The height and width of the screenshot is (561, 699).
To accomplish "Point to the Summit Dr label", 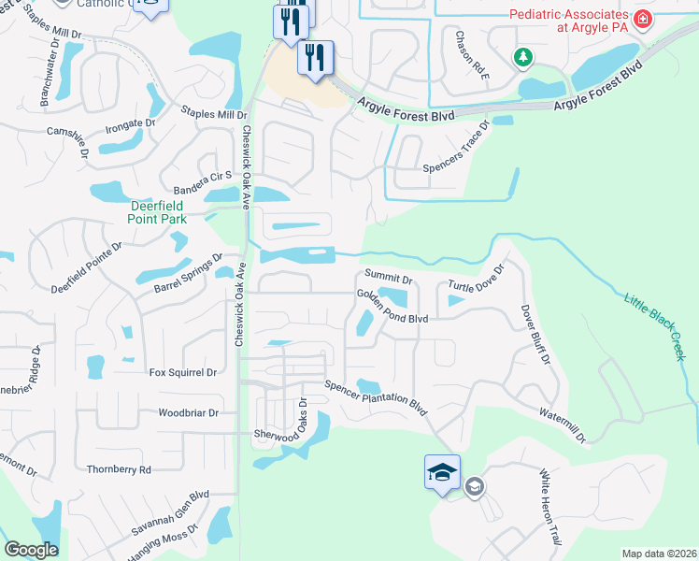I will pyautogui.click(x=388, y=278).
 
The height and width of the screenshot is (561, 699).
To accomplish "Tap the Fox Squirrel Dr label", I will pyautogui.click(x=183, y=372).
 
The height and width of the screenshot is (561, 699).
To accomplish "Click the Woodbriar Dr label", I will pyautogui.click(x=188, y=412).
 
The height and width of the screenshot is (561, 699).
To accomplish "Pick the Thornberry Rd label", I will pyautogui.click(x=119, y=469).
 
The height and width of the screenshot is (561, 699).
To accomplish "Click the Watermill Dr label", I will pyautogui.click(x=563, y=424).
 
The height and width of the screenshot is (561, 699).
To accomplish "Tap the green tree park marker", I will pyautogui.click(x=522, y=58).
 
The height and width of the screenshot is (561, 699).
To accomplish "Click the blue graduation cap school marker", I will pyautogui.click(x=442, y=471).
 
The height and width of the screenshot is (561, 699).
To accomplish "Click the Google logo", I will pyautogui.click(x=31, y=550).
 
